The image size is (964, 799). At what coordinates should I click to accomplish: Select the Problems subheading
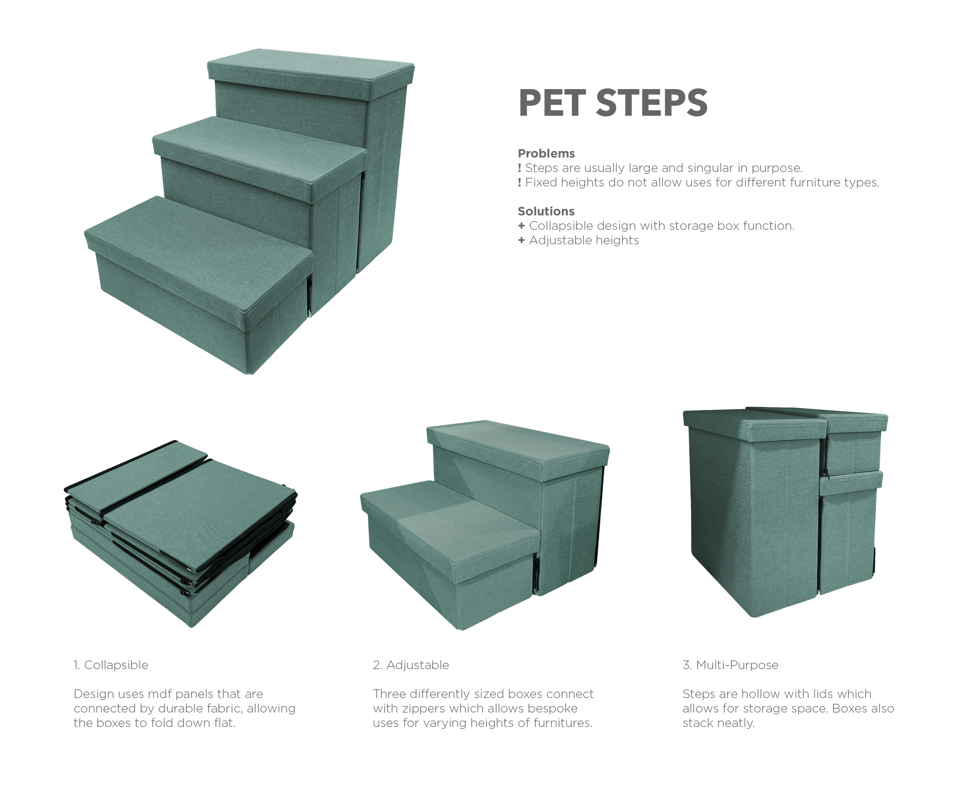546,153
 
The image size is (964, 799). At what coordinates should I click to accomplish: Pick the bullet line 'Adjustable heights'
578,240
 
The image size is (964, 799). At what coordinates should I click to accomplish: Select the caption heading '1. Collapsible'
111,665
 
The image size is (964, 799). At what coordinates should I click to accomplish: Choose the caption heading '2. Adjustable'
411,665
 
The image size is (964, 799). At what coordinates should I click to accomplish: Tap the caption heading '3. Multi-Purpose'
730,665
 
